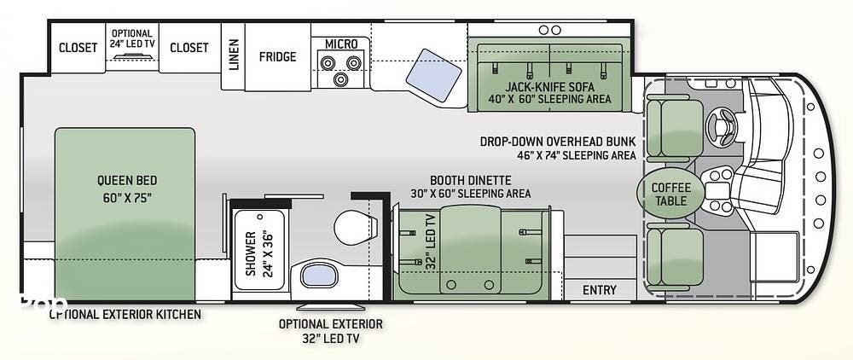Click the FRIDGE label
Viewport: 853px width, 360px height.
(x=277, y=56)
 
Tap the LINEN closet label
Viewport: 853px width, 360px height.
(x=234, y=55)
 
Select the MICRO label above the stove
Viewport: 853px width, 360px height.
(x=341, y=44)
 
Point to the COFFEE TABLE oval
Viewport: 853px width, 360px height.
(x=670, y=195)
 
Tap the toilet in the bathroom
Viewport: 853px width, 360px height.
(x=355, y=227)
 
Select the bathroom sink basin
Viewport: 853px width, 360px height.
(x=318, y=275)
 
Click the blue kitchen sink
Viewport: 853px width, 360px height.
(x=433, y=75)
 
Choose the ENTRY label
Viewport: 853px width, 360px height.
(x=600, y=290)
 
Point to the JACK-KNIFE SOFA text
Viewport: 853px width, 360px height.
(x=550, y=86)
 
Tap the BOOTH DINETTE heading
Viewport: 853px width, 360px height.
(x=471, y=180)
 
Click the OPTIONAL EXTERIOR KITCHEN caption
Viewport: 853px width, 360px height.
(x=125, y=314)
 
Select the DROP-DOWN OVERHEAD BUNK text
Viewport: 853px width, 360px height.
(x=558, y=142)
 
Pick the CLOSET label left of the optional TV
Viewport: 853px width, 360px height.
(x=78, y=47)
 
